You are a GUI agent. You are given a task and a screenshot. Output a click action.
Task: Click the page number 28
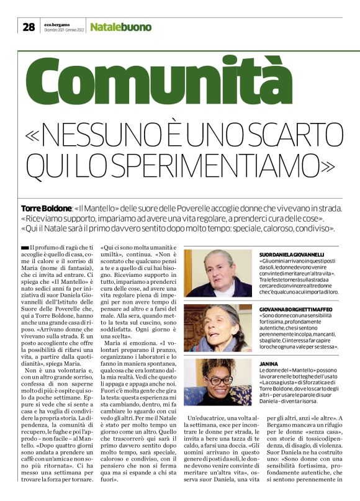pyautogui.click(x=28, y=27)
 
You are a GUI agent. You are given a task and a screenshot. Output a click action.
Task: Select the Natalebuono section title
pyautogui.click(x=120, y=27)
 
